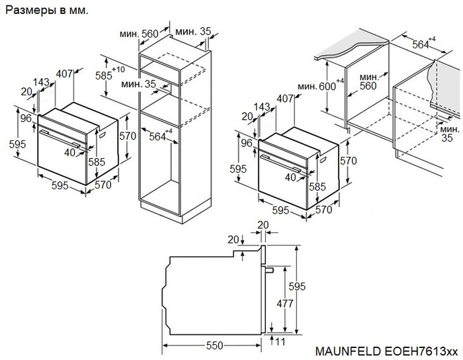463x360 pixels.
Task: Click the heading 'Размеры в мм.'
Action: (46, 11)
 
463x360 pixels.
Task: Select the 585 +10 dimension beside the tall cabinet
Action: (106, 75)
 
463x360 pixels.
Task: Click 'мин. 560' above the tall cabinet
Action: (139, 34)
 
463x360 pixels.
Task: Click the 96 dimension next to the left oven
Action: (26, 119)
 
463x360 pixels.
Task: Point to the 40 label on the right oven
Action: (290, 177)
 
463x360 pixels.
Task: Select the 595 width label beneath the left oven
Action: (60, 186)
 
